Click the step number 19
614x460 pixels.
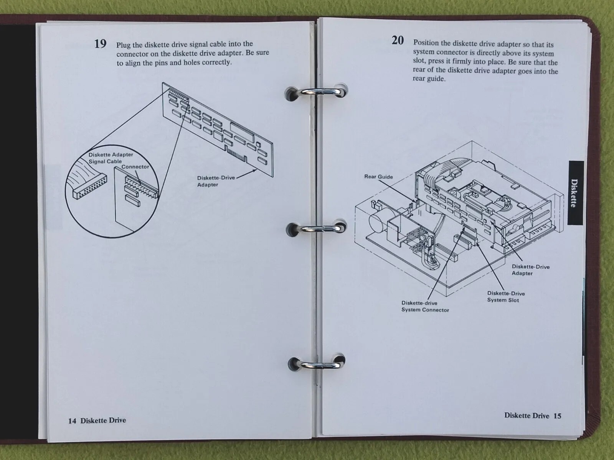101,44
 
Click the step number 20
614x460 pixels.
398,41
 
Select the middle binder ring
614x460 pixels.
316,228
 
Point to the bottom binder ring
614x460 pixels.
317,364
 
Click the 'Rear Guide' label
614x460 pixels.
378,177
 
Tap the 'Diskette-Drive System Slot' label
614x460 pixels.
506,297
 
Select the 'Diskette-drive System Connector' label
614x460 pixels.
425,306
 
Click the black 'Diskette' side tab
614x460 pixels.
576,193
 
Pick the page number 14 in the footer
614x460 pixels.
72,421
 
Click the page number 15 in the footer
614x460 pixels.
558,416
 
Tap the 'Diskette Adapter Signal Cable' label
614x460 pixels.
111,158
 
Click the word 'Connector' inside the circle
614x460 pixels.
135,167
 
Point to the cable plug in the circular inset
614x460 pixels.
89,187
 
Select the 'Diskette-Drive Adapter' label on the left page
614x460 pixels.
216,181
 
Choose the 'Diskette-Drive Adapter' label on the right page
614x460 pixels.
531,270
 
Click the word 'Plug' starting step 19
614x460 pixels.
124,45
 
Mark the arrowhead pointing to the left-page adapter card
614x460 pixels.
254,170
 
